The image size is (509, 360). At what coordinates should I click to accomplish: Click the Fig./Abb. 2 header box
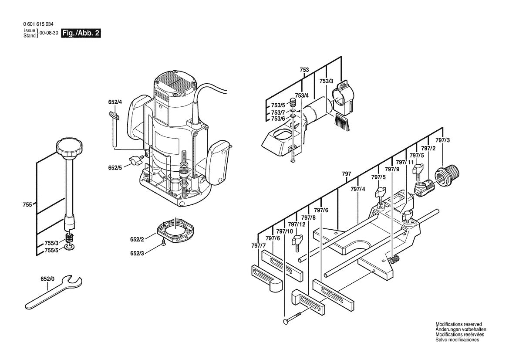point(81,34)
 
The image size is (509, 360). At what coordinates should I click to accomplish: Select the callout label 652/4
point(115,102)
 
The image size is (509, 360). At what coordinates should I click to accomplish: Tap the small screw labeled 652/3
point(163,244)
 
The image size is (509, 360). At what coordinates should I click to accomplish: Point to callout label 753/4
point(301,95)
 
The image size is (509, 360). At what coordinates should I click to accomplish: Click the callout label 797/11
point(411,162)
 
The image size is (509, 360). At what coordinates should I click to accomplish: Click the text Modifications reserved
point(458,324)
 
